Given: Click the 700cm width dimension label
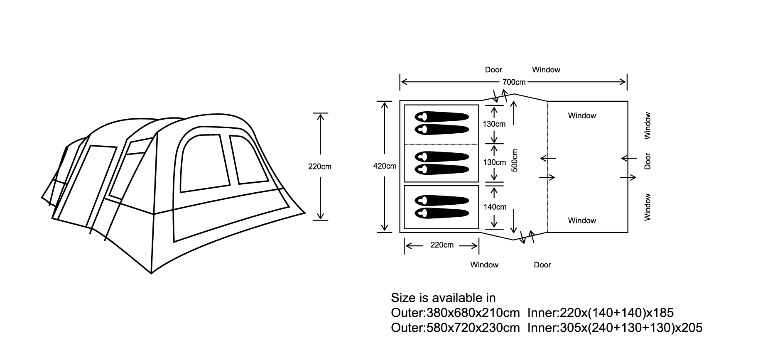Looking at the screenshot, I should pos(514,82).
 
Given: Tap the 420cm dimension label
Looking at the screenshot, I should pos(385,166).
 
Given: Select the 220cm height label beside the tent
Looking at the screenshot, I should pos(320,167).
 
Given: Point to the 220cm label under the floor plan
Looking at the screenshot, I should pos(442,245).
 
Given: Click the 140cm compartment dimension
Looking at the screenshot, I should pos(495,207).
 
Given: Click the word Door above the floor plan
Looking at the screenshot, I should pos(493,70).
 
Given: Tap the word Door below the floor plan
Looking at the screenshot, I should pos(542,265).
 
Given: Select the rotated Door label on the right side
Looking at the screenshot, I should pos(647,161).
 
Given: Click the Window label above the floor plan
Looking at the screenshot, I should pos(546,70).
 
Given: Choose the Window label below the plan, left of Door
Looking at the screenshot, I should pos(484,265).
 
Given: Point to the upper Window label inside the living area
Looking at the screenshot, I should pos(582,116).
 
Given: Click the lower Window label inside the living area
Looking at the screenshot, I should pos(582,220).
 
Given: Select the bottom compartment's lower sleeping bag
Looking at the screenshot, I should pos(442,213).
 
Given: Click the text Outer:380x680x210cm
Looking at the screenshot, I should pos(455,313).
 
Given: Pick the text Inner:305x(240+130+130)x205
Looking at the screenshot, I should pos(615,328).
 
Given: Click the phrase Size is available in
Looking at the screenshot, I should pos(443,298).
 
